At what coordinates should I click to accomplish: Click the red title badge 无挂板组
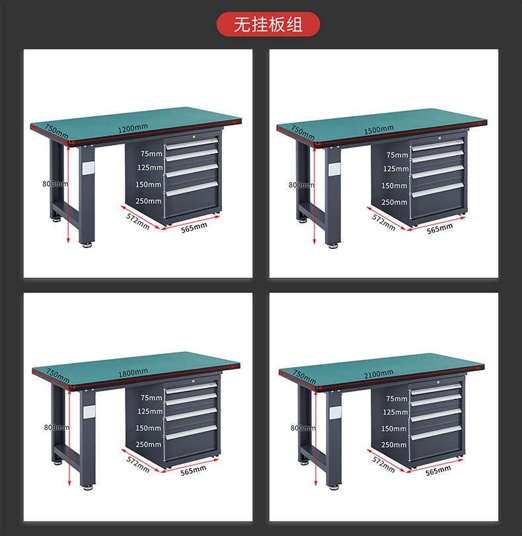pos(268,24)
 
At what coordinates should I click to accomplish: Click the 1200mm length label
pos(133,129)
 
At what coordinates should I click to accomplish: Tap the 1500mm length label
pos(379,130)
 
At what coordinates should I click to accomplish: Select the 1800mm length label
pos(133,373)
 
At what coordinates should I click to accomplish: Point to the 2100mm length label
pos(379,374)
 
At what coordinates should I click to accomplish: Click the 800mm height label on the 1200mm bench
pos(55,184)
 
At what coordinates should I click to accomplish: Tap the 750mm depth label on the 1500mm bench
pos(303,133)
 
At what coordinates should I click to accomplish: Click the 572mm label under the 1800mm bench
pos(138,465)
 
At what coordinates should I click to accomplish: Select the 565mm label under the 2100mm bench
pos(438,471)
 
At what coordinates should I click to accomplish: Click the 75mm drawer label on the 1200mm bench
pos(151,154)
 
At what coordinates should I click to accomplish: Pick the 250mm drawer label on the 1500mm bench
pos(394,203)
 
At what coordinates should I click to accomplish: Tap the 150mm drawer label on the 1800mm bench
pos(149,428)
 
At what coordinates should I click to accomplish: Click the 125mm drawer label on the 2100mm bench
pos(395,413)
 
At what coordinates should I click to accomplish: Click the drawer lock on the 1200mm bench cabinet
pos(195,137)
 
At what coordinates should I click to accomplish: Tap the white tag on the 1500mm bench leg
pos(334,170)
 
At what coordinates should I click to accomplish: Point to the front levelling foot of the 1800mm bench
pos(88,487)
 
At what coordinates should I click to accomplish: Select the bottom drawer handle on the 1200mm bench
pos(192,189)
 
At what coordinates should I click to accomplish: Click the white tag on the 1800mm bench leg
pos(89,412)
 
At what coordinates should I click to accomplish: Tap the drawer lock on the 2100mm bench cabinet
pos(437,381)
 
